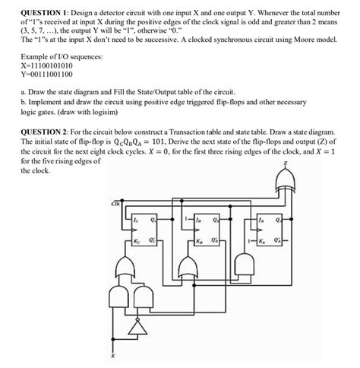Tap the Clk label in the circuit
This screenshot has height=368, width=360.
click(115, 204)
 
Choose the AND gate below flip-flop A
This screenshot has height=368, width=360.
click(245, 265)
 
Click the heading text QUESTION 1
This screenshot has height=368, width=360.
click(45, 14)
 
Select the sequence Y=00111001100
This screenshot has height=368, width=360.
click(47, 75)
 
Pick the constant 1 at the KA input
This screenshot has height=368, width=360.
click(248, 241)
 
